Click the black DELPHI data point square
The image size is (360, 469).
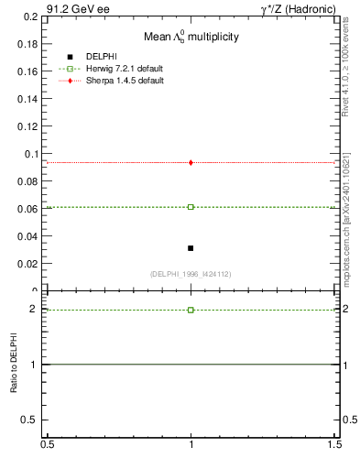click(x=191, y=248)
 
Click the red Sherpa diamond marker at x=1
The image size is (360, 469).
click(x=191, y=162)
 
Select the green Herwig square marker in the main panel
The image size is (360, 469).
click(x=191, y=207)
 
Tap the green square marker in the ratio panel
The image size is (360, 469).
click(x=191, y=310)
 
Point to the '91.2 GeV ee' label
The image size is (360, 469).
click(x=76, y=9)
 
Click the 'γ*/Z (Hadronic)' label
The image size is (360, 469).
click(x=298, y=9)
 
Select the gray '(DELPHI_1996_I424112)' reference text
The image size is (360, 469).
click(x=191, y=274)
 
